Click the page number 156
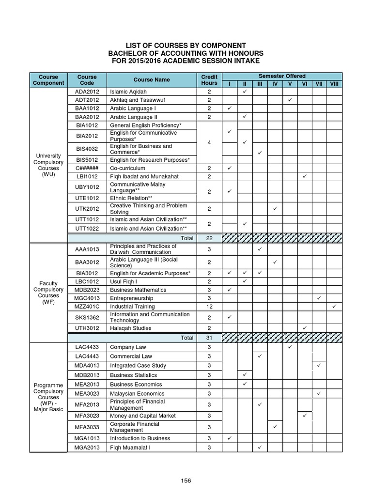click(x=186, y=480)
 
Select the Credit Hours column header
click(x=209, y=80)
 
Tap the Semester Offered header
click(x=282, y=76)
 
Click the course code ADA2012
click(x=87, y=91)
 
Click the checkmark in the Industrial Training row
click(x=334, y=307)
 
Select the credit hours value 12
click(x=209, y=307)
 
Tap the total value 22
click(x=209, y=238)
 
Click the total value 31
click(x=209, y=338)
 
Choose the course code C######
click(x=87, y=168)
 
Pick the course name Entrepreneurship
click(x=131, y=298)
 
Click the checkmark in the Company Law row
click(x=290, y=347)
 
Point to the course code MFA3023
click(x=87, y=416)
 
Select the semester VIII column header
click(x=334, y=84)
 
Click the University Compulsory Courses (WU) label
click(x=48, y=165)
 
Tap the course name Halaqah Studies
click(x=130, y=328)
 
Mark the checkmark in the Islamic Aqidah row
click(x=245, y=91)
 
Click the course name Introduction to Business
click(x=140, y=438)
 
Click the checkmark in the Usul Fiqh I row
click(x=245, y=281)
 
